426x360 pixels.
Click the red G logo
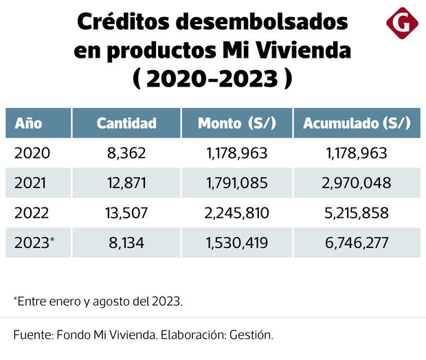(402, 23)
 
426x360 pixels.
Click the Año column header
(29, 123)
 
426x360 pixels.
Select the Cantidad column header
(126, 123)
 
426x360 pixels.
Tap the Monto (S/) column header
(236, 123)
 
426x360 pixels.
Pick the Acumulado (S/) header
(357, 123)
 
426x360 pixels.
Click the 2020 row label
(32, 153)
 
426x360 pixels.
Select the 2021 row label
(32, 183)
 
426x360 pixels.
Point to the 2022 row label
(32, 212)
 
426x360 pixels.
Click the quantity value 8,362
(126, 153)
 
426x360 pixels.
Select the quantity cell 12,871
(126, 183)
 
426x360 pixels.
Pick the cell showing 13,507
(126, 212)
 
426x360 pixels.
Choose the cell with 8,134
(126, 242)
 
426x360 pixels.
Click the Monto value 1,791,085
(236, 183)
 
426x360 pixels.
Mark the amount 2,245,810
(236, 212)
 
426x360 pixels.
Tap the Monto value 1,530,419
(236, 242)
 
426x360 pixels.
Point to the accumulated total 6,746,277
(357, 242)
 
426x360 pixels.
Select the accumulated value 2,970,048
(357, 183)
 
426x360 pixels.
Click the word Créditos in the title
(122, 22)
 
